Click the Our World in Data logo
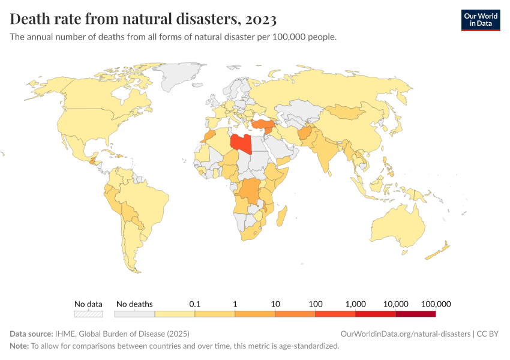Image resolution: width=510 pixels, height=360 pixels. (x=480, y=20)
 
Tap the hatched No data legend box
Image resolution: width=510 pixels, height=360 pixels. (x=88, y=314)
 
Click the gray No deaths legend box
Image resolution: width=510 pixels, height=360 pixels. (x=134, y=314)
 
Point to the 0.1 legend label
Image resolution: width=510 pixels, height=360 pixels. (x=194, y=304)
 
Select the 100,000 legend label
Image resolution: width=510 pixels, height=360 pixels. (x=436, y=304)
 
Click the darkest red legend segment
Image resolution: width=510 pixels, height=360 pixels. (x=415, y=314)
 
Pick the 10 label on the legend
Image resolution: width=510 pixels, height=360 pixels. (x=275, y=304)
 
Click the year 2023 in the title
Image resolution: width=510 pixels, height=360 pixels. (x=260, y=19)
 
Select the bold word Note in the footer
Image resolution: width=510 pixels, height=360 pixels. (x=19, y=346)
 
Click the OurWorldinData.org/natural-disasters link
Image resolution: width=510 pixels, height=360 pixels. (x=405, y=334)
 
